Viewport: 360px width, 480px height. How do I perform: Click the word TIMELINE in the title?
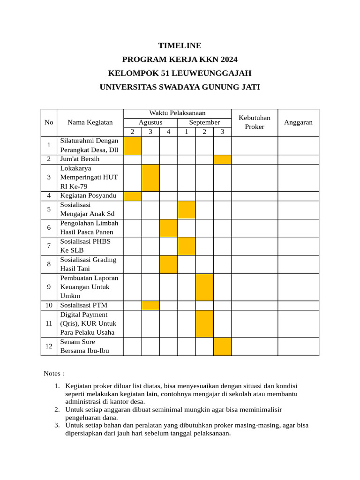click(180, 45)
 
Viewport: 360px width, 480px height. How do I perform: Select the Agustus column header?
click(150, 122)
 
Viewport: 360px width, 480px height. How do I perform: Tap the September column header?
click(204, 122)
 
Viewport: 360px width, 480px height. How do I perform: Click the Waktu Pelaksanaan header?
click(177, 113)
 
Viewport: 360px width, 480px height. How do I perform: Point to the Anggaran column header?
click(298, 122)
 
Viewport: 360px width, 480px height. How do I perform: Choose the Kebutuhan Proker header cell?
click(255, 122)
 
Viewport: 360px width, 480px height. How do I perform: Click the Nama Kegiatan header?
click(90, 122)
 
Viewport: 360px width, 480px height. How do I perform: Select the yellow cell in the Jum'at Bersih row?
click(223, 159)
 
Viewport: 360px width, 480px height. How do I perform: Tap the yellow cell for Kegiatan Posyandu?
click(133, 196)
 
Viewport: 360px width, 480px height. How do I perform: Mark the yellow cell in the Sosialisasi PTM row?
click(150, 306)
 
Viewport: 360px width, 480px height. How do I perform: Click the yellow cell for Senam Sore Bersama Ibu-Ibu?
click(223, 346)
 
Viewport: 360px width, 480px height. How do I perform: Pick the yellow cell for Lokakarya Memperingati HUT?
click(150, 178)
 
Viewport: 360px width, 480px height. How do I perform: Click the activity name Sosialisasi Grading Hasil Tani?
click(88, 264)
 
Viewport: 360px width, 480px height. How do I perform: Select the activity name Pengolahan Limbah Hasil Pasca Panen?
click(89, 228)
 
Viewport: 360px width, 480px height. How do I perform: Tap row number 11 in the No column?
click(49, 324)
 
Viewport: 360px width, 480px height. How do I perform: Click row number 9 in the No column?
click(49, 287)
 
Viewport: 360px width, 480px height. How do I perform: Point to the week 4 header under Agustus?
click(168, 132)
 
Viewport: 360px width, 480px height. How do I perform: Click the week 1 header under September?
click(187, 132)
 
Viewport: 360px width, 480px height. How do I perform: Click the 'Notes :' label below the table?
click(54, 374)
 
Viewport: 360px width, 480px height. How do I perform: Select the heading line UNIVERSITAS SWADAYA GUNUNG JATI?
click(180, 87)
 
